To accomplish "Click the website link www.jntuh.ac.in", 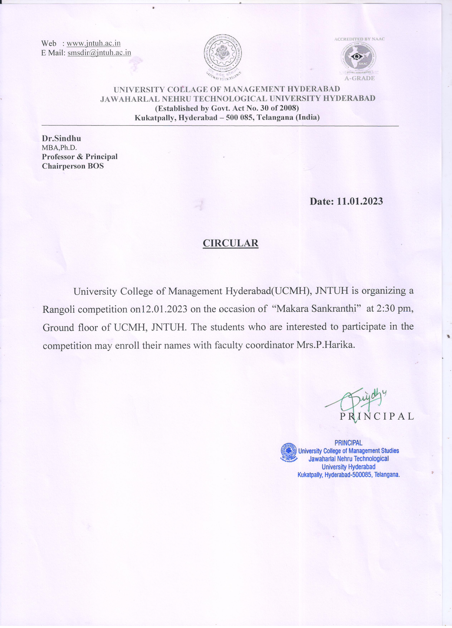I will (94, 44).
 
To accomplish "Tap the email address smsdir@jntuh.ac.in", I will (99, 53).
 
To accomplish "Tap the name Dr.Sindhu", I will (61, 138).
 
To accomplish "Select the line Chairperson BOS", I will (73, 166).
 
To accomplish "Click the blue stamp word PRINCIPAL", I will (348, 443).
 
